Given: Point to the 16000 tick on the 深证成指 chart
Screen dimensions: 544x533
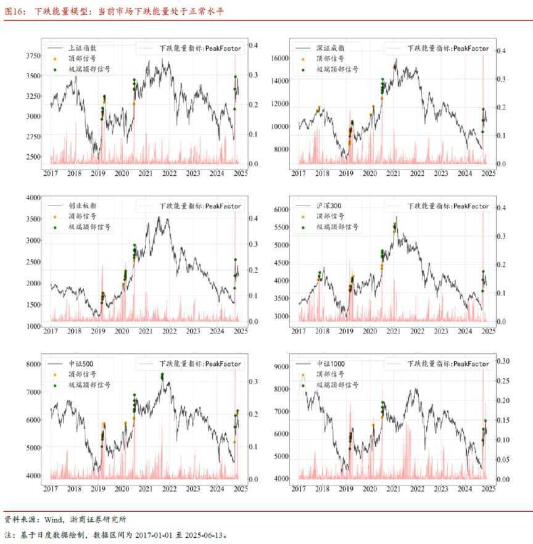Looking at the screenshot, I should (278, 58).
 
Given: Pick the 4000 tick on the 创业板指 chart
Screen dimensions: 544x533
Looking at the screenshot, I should (32, 197).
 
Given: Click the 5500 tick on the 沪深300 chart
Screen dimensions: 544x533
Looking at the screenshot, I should (281, 228).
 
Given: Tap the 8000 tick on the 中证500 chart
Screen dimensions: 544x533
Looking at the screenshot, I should (32, 364).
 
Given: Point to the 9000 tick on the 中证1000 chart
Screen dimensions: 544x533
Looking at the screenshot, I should (281, 367).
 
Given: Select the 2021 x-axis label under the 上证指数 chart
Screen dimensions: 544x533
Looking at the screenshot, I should (146, 175).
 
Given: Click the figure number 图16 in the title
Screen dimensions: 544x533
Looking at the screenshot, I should (14, 11).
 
